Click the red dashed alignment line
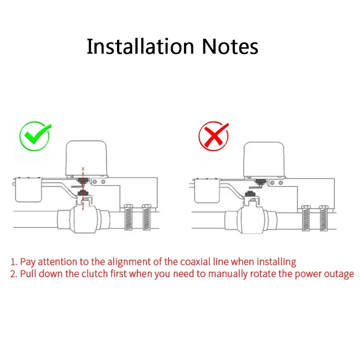82,189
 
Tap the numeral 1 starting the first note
13,261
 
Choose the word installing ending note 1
278,261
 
